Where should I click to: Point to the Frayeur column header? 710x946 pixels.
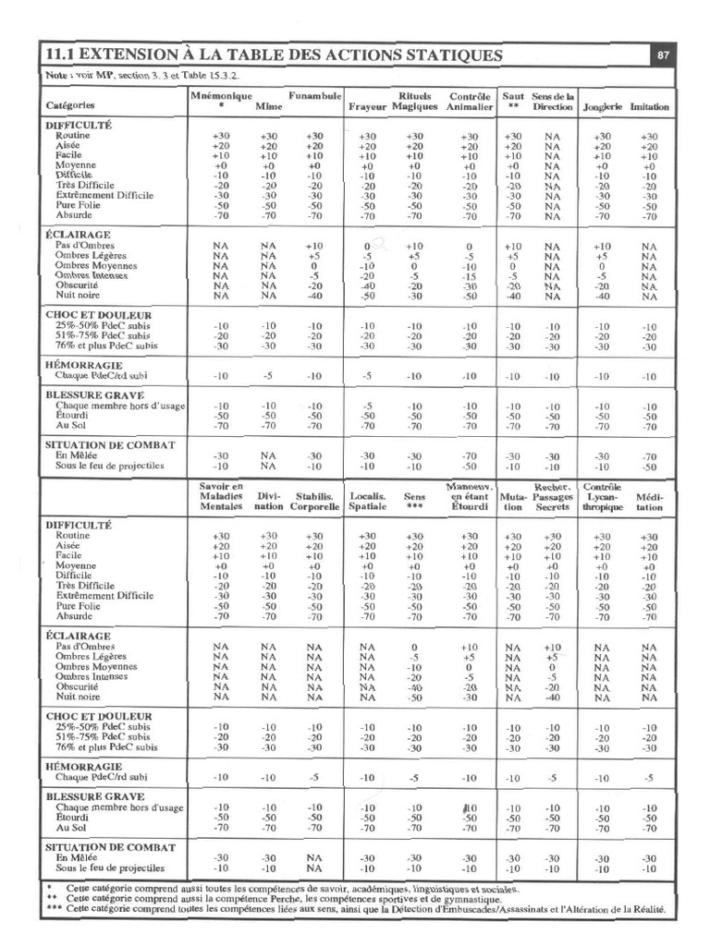366,107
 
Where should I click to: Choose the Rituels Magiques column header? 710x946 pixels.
414,102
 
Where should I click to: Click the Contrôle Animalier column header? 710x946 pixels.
470,102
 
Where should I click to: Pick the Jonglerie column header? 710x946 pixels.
603,107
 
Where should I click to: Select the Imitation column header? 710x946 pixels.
650,107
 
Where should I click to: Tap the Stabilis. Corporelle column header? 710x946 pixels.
314,501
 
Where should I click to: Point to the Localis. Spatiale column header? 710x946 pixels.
367,501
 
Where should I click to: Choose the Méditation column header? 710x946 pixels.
650,501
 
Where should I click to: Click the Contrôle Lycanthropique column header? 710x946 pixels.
603,497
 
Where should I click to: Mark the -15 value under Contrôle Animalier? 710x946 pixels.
470,276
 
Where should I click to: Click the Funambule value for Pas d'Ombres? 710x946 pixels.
314,246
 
